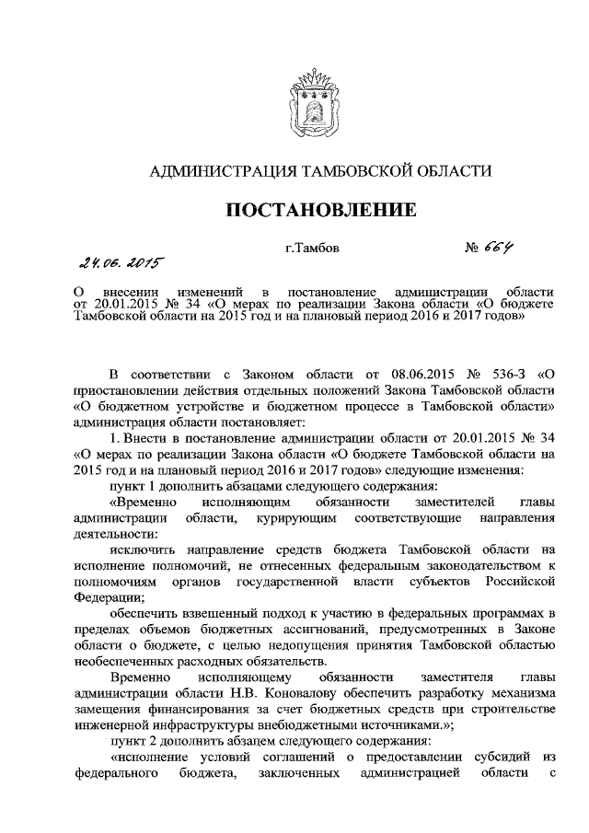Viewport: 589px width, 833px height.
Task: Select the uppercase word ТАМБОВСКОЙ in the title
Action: tap(358, 170)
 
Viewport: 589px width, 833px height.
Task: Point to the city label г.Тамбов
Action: tap(312, 248)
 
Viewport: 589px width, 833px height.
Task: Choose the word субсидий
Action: tap(494, 757)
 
